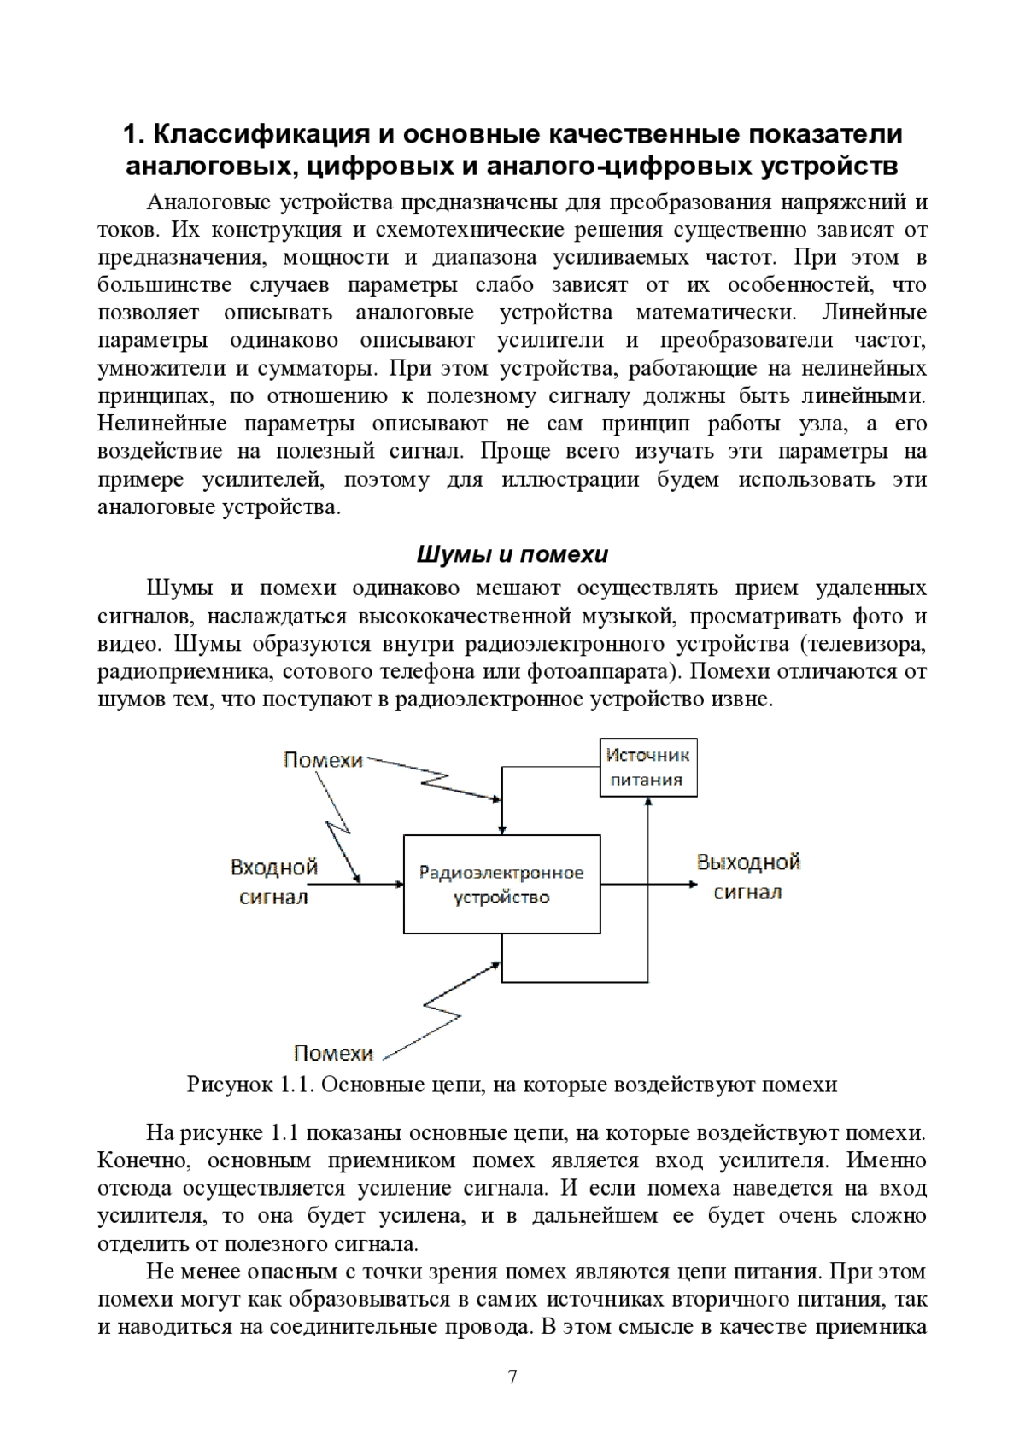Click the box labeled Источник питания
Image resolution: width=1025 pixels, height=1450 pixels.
coord(648,767)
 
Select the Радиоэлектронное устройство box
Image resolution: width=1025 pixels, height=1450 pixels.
coord(501,885)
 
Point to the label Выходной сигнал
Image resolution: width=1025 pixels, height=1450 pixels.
coord(748,876)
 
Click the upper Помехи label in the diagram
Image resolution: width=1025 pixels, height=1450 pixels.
coord(323,759)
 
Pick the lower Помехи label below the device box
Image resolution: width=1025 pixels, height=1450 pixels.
coord(333,1053)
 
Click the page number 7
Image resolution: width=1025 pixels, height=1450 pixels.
coord(512,1400)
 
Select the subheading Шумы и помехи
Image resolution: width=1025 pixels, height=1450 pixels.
coord(512,555)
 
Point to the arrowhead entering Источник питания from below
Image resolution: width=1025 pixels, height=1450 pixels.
coord(649,803)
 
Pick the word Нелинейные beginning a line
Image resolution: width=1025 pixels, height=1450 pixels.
coord(161,424)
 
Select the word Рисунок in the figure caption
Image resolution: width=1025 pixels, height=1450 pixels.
coord(229,1085)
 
